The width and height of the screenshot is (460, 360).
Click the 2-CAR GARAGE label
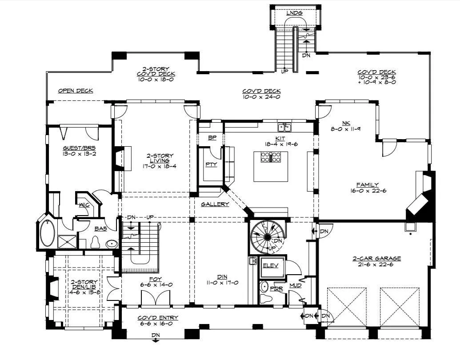[376, 259]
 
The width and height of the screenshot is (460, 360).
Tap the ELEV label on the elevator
[270, 265]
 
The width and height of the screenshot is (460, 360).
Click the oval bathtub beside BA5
[47, 233]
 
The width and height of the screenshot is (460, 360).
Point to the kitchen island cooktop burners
[271, 157]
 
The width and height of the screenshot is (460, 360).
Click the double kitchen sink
[284, 128]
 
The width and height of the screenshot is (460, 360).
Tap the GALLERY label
[215, 204]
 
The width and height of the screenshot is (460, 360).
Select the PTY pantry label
[211, 164]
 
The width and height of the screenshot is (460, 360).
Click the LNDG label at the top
[294, 13]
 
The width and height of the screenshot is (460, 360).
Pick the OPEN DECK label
[76, 91]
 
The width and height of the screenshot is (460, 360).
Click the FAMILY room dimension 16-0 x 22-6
[368, 190]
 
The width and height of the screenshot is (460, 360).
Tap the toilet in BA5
[96, 242]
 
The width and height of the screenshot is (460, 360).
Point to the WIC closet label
[84, 205]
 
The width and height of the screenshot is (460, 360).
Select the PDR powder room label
[276, 289]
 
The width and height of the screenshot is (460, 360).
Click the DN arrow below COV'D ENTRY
[156, 340]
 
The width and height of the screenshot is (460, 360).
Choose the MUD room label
[296, 285]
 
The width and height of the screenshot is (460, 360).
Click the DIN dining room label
[222, 277]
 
